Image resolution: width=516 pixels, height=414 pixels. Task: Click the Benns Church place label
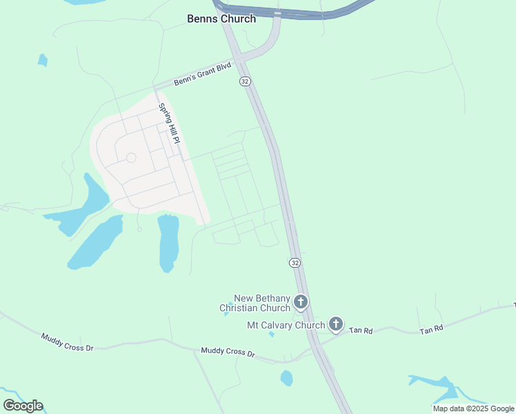tap(221, 19)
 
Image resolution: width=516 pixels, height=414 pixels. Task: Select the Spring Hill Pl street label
tap(169, 124)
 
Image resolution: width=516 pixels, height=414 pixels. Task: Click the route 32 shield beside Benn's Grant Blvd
tap(245, 81)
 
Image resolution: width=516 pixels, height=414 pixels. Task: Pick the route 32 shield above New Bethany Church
tap(295, 263)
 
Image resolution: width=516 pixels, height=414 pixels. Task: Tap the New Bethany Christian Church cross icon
tap(301, 302)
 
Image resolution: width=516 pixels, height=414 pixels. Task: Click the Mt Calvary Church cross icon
tap(336, 324)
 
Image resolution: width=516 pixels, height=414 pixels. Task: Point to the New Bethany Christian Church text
tap(255, 303)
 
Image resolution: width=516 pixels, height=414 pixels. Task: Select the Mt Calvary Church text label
tap(286, 325)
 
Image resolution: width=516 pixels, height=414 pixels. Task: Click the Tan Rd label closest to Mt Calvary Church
tap(361, 331)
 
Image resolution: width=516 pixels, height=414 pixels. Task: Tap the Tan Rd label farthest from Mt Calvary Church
tap(431, 331)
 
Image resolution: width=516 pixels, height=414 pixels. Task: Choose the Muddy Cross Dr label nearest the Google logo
tap(67, 342)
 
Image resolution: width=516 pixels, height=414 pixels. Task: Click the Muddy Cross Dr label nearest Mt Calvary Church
tap(228, 352)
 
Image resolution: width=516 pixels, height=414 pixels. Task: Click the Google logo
tap(23, 406)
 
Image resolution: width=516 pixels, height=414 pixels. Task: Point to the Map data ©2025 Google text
tap(473, 408)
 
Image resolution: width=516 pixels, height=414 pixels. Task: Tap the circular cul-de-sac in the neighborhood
tap(131, 158)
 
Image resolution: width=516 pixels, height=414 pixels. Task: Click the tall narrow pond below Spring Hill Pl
tap(168, 243)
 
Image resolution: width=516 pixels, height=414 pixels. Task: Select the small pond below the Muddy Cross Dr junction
tap(287, 378)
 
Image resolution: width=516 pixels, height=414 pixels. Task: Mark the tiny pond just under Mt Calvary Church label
tap(272, 335)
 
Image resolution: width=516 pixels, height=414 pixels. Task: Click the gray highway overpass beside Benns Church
tap(297, 12)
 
